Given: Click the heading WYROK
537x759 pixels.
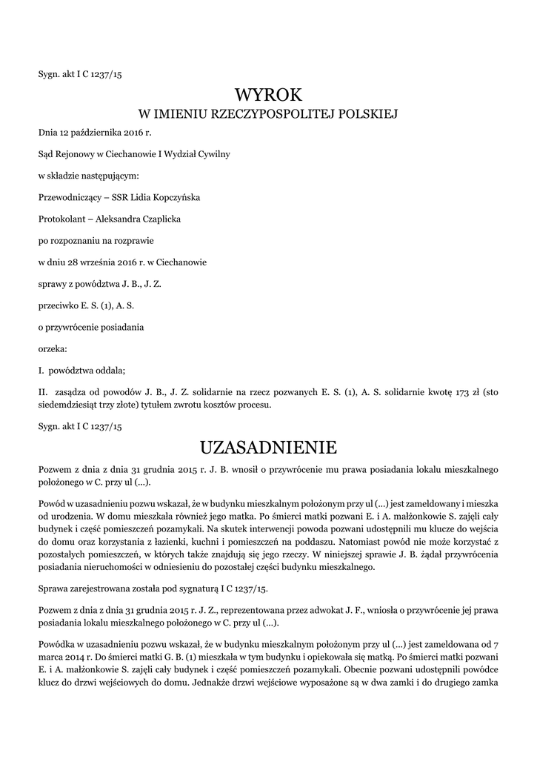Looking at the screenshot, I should (x=268, y=95).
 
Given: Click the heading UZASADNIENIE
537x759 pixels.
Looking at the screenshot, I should (x=268, y=448).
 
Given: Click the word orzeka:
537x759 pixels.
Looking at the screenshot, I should (x=52, y=348).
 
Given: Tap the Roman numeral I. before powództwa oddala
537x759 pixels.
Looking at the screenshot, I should (x=41, y=369).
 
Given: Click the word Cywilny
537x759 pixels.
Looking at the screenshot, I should (x=213, y=155).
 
